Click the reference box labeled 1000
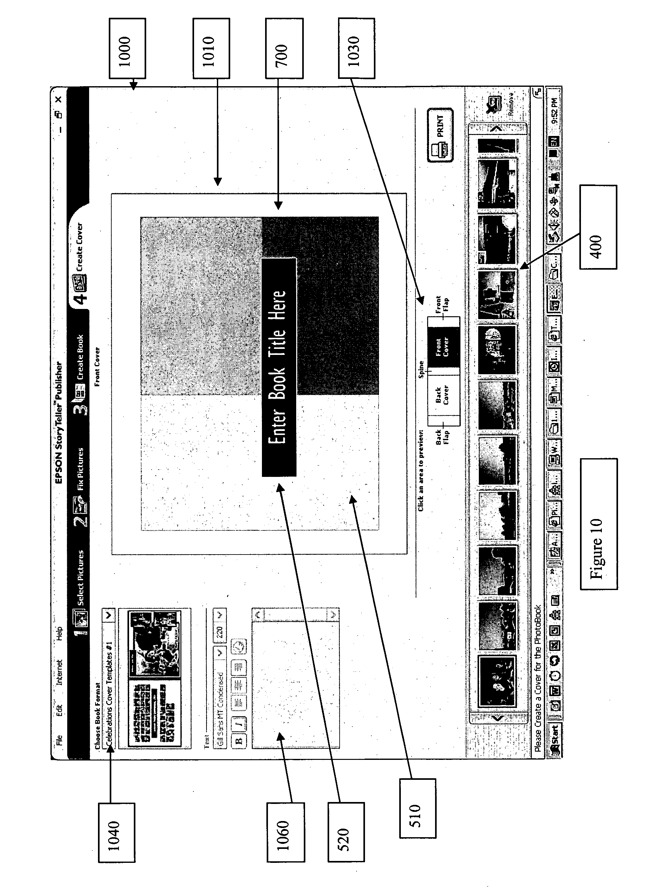[x=127, y=48]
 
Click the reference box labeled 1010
[x=211, y=48]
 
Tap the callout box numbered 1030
[x=356, y=48]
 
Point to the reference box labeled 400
[x=598, y=227]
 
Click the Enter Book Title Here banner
[x=279, y=367]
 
